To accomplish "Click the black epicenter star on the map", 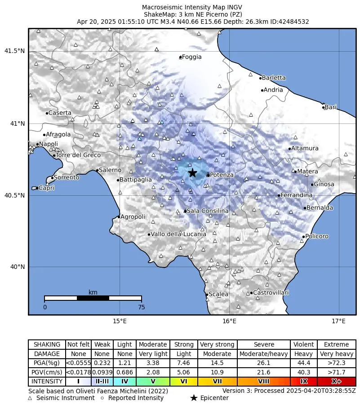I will pos(192,173).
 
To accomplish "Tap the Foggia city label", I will pos(192,57).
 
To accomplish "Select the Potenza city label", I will pos(222,175).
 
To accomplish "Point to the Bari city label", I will pos(330,107).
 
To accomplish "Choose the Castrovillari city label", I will pos(271,293).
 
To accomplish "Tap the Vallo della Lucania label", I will pos(178,234).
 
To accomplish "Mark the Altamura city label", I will pos(305,148).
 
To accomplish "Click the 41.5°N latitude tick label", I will pos(14,51).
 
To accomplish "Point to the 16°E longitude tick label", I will pos(229,321).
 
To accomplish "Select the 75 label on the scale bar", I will pos(142,308).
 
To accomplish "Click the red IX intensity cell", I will pos(304,381).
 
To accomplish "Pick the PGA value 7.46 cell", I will pos(184,363).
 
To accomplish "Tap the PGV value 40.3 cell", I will pos(304,372).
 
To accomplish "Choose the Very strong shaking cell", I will pos(217,344).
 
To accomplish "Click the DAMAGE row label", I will pos(47,354).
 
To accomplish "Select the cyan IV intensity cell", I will pos(124,381).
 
